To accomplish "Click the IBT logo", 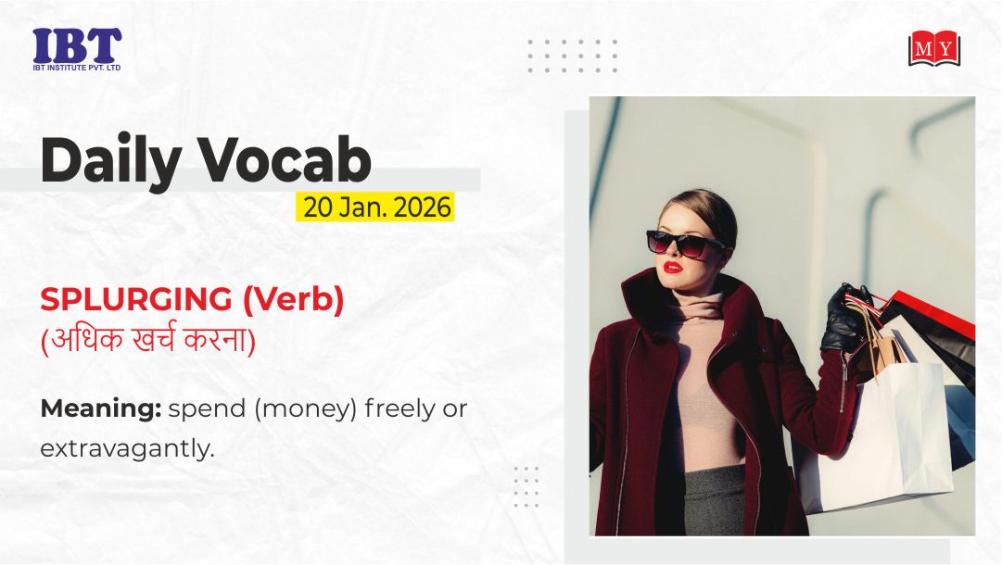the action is pyautogui.click(x=77, y=49).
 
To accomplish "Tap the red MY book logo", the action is pyautogui.click(x=934, y=48).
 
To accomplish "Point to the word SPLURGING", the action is pyautogui.click(x=136, y=299).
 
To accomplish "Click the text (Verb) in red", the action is pyautogui.click(x=293, y=299).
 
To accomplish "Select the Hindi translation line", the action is pyautogui.click(x=148, y=339).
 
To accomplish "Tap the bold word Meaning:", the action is pyautogui.click(x=101, y=408).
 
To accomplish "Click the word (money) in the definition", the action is pyautogui.click(x=306, y=408).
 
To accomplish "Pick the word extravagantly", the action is pyautogui.click(x=127, y=448).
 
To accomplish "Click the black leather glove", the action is pyautogui.click(x=844, y=318).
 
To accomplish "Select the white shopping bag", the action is pyautogui.click(x=880, y=434).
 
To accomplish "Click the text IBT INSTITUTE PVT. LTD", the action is pyautogui.click(x=77, y=67).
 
